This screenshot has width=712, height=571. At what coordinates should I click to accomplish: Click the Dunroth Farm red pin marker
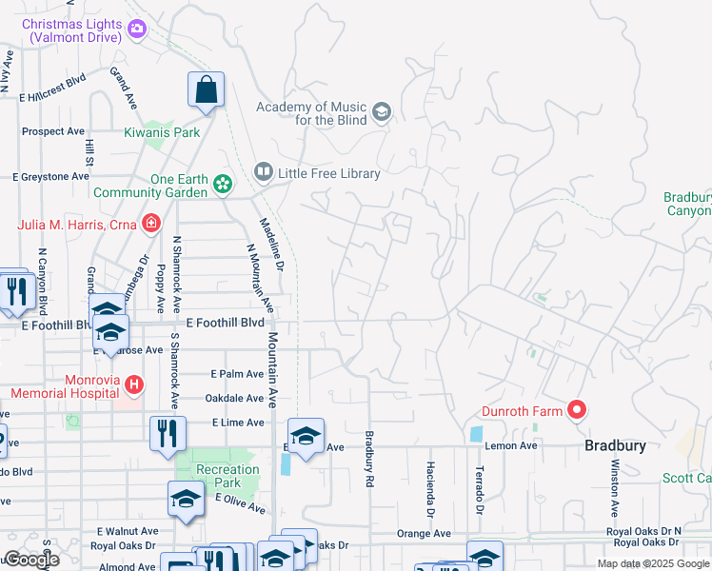pos(576,410)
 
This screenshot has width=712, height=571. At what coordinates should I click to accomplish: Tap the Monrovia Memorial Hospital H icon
pos(134,385)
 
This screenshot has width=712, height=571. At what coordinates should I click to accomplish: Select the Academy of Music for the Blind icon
pos(381,113)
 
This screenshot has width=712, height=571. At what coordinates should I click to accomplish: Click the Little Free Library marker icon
pos(263,172)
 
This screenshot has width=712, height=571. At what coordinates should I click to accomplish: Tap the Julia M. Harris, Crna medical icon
pos(150,224)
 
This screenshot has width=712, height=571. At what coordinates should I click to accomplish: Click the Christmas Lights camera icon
pos(137,30)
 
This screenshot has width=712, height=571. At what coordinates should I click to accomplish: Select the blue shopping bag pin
pos(206,90)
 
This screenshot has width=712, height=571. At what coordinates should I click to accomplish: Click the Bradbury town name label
pos(615,445)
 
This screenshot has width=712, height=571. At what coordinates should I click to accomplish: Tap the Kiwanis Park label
pos(163,132)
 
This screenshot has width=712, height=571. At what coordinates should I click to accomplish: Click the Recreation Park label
pos(227,476)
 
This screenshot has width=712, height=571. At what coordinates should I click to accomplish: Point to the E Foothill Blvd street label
pos(225,323)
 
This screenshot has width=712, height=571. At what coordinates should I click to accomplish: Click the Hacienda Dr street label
pos(430,491)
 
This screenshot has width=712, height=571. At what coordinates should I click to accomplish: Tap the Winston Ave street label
pos(616,485)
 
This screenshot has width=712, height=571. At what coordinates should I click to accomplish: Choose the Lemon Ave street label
pos(515,445)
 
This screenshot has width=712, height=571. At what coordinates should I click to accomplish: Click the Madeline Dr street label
pos(271,246)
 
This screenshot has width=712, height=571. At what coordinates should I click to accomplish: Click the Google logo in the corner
pos(31,560)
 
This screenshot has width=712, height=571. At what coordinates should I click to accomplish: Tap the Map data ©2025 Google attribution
pos(652,563)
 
